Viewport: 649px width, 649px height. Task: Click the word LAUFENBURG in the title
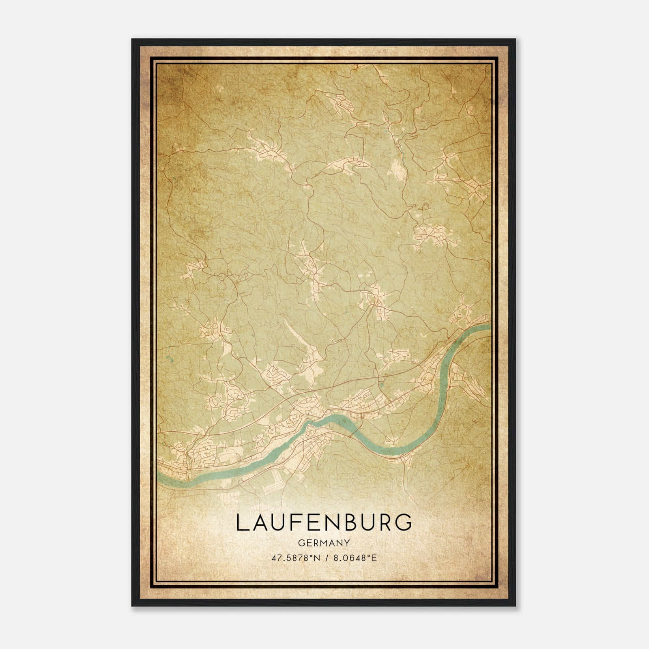pos(324,523)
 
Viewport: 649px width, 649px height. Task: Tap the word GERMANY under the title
pos(324,542)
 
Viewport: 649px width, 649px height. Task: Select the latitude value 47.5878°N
pos(291,558)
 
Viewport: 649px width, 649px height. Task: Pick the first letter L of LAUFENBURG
pos(240,523)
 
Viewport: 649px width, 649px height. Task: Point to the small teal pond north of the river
pos(381,383)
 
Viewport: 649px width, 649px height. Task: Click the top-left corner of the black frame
pos(132,39)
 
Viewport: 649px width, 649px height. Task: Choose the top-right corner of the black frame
pos(516,39)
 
